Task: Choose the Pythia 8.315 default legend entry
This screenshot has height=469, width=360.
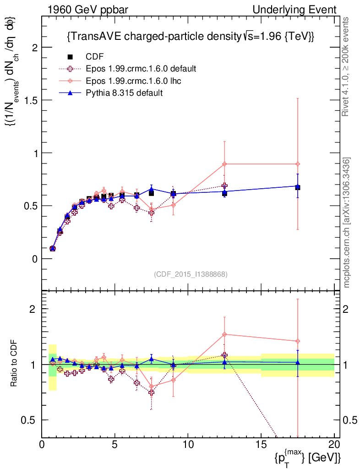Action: (124, 93)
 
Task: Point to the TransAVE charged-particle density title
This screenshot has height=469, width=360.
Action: (190, 37)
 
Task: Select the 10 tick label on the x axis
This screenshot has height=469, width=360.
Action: (188, 445)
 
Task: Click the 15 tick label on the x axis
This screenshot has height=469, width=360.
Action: (261, 445)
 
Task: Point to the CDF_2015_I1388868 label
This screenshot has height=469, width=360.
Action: (190, 274)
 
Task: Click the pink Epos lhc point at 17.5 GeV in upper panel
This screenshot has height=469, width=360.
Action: (298, 164)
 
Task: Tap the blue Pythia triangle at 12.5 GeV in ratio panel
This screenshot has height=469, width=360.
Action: (224, 362)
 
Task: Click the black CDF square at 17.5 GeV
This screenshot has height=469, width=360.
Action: (298, 187)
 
